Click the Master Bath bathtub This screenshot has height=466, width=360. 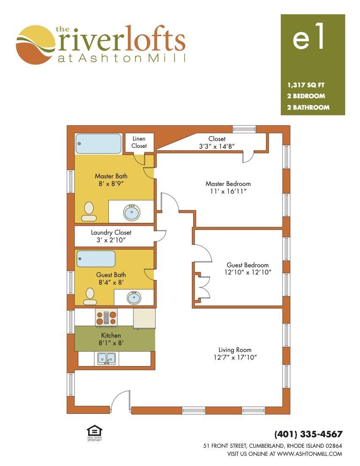point(98,144)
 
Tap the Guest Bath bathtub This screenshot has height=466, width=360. point(96,259)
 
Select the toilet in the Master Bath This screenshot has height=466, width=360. point(89,211)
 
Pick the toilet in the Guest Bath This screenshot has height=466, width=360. point(90,297)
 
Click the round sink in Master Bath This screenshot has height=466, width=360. point(132,212)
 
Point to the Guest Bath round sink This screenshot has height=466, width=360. point(134,297)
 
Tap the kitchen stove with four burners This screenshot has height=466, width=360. point(106,317)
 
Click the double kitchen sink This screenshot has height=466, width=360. point(106,358)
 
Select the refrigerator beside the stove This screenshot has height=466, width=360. point(144,318)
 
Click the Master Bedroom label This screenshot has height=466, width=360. point(228,184)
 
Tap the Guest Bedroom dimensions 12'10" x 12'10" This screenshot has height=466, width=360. point(248,272)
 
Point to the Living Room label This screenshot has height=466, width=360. point(235,350)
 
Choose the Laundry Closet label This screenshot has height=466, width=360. point(111,233)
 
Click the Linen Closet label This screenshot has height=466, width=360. point(139,142)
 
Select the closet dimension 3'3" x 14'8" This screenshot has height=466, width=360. point(217,146)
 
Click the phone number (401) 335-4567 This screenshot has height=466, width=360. point(308,434)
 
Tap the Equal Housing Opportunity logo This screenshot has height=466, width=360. point(94,433)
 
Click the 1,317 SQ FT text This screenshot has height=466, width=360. point(306,85)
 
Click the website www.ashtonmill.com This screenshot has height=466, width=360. point(310,454)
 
